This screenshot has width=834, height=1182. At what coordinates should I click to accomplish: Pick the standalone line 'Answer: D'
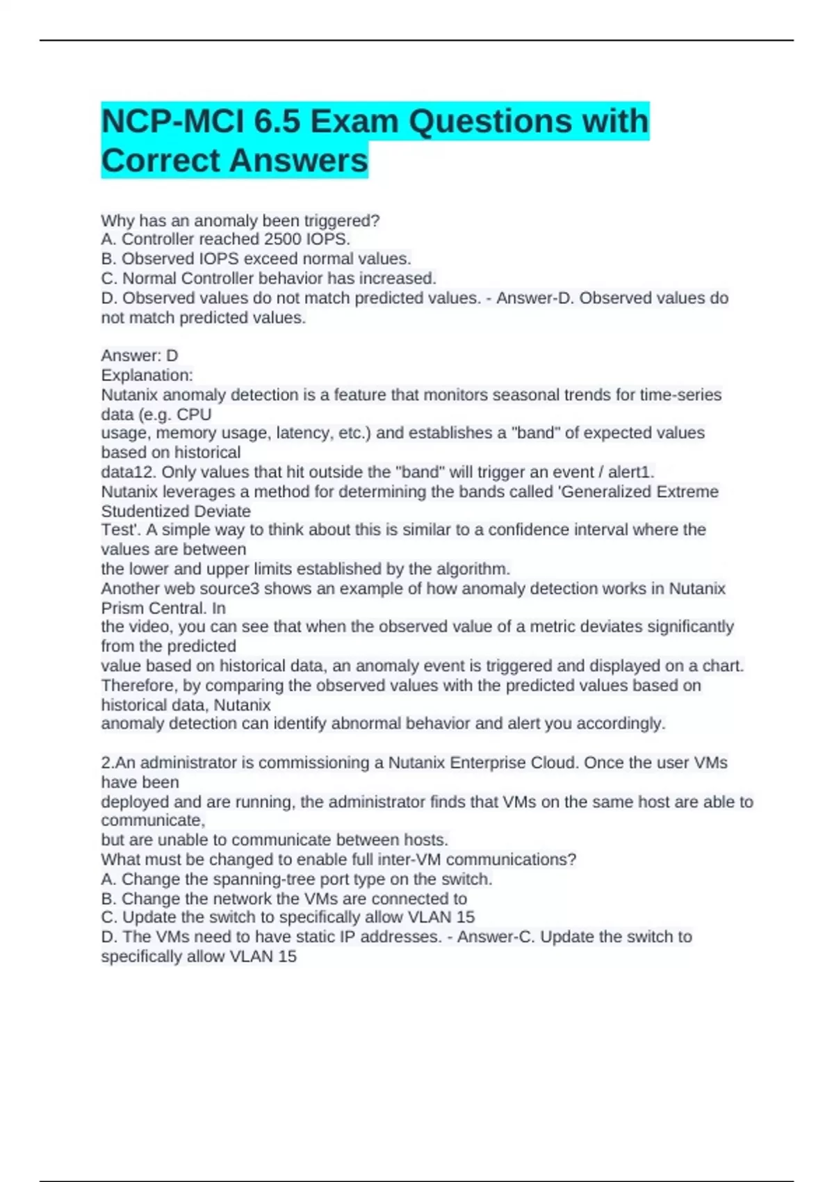pos(140,355)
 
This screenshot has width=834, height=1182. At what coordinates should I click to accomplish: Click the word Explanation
pos(147,375)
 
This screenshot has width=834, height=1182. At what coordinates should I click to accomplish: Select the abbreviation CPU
pos(194,414)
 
